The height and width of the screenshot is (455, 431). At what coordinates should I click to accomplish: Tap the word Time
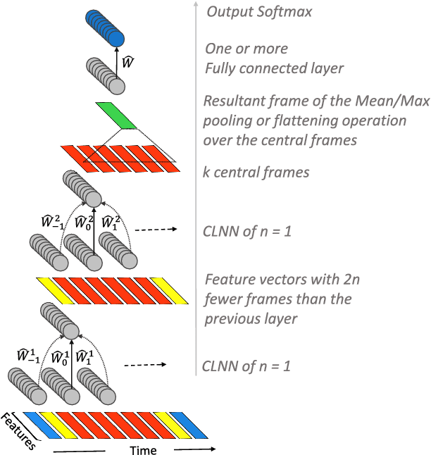tap(143, 450)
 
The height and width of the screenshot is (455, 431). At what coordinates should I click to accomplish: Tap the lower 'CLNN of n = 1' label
tap(246, 366)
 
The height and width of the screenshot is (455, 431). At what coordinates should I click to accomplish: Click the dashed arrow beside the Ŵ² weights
tap(153, 230)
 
